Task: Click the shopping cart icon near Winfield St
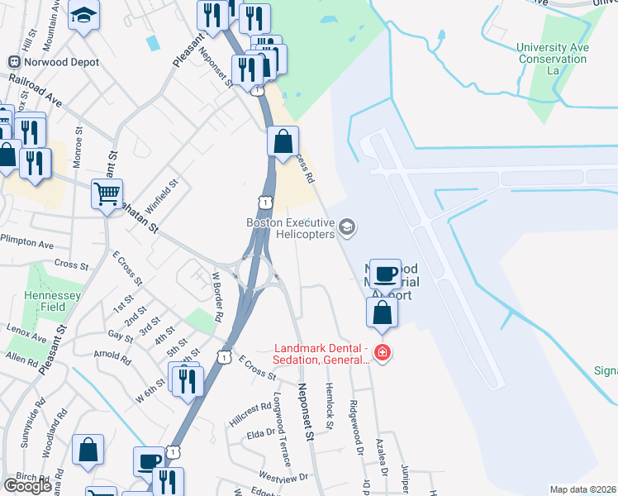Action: [107, 194]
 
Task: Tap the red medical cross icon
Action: [382, 353]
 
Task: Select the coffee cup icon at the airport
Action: [386, 273]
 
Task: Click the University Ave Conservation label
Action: [553, 60]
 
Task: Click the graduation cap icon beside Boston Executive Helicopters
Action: [347, 226]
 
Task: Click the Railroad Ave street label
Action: [36, 91]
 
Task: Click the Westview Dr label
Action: [283, 476]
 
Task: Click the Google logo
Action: [28, 486]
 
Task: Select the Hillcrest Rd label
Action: [250, 413]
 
